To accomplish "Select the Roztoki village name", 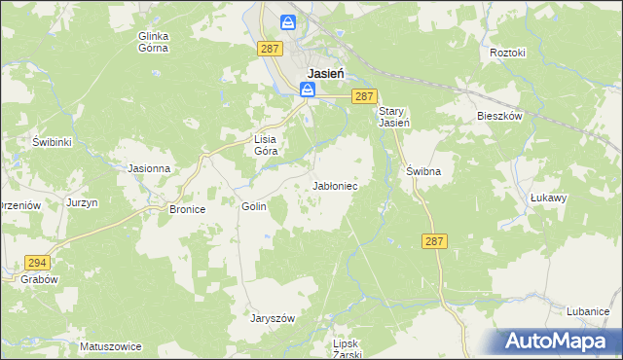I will pos(508,52).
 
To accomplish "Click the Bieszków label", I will pos(500,115).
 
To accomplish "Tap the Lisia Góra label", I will pos(266,145).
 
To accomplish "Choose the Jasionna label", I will pos(150,168).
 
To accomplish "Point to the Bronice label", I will pos(187,209).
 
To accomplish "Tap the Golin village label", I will pos(253,206).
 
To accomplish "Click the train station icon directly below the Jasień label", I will pos(308,90).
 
